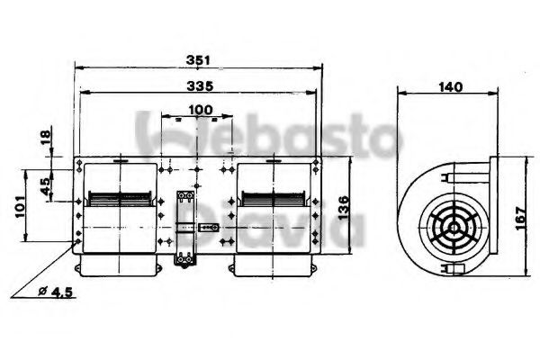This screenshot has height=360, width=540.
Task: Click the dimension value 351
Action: (199, 59)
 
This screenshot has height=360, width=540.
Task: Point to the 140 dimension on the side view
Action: (449, 86)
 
